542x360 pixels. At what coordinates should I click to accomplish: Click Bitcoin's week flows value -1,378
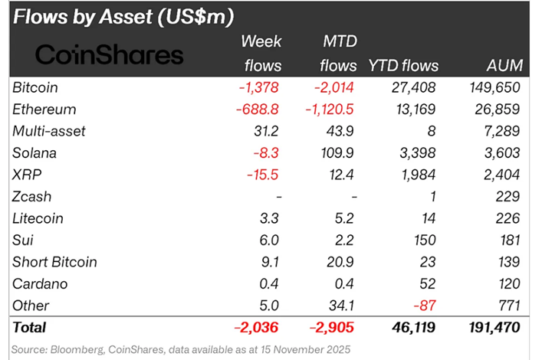click(257, 88)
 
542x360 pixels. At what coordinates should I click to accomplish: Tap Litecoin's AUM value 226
click(508, 218)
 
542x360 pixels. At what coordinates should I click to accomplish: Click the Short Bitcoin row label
click(55, 262)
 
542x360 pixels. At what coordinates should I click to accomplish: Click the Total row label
click(30, 328)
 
